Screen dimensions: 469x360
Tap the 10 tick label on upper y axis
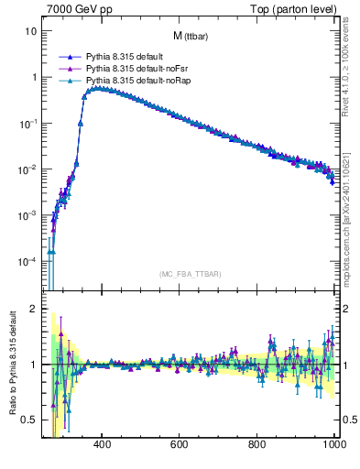pos(30,31)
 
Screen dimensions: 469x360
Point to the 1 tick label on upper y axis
pos(33,77)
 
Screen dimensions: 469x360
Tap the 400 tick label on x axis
pos(102,444)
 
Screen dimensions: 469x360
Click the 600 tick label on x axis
pos(180,444)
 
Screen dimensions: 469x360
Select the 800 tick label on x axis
pos(257,444)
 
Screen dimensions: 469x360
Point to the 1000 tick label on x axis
pos(333,444)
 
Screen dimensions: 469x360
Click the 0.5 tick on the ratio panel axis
pos(29,420)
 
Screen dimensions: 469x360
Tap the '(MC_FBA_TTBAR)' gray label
pos(191,274)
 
